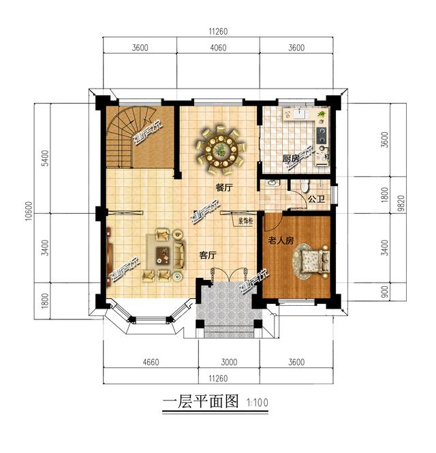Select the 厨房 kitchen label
pyautogui.click(x=292, y=159)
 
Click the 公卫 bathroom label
pyautogui.click(x=316, y=200)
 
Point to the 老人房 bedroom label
pyautogui.click(x=280, y=240)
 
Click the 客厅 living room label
pyautogui.click(x=208, y=255)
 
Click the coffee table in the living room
pyautogui.click(x=163, y=255)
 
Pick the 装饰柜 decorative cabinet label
pyautogui.click(x=245, y=221)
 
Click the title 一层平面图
pyautogui.click(x=201, y=401)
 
